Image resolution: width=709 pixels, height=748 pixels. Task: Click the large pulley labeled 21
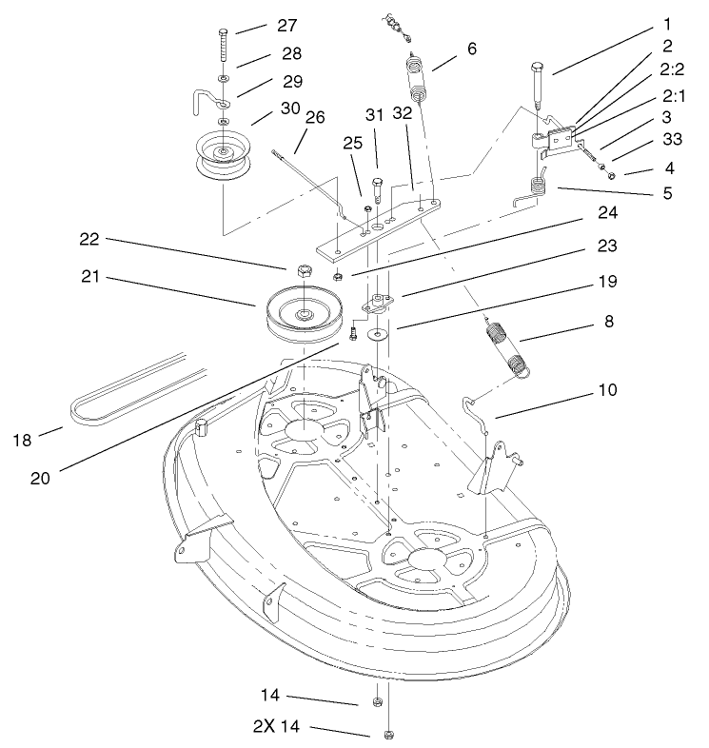click(302, 313)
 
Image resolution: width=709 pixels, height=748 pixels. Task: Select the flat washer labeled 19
click(379, 334)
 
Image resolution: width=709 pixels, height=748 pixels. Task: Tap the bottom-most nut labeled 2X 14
click(388, 735)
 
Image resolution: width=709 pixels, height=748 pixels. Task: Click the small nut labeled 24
click(338, 277)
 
